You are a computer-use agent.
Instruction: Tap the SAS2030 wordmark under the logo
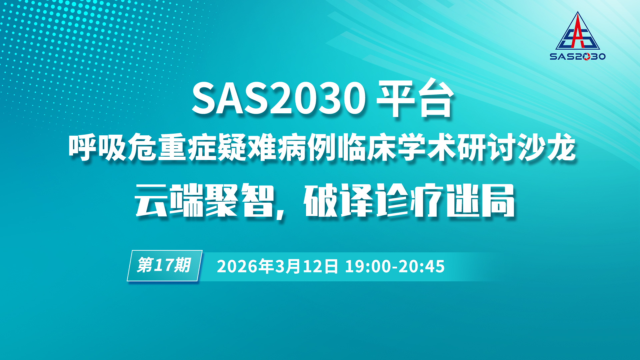tap(578, 56)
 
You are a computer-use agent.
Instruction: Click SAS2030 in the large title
tap(279, 99)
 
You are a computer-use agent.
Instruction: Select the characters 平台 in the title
tap(415, 99)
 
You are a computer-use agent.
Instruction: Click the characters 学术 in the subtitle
tap(426, 148)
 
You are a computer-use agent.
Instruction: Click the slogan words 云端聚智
tap(204, 200)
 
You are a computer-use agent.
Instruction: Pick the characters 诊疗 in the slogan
tap(410, 200)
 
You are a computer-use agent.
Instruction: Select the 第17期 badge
tap(165, 266)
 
